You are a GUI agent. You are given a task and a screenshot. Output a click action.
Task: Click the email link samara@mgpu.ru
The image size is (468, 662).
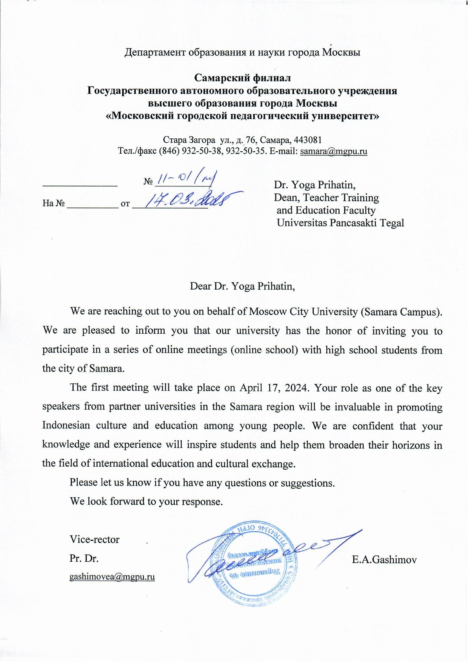point(333,151)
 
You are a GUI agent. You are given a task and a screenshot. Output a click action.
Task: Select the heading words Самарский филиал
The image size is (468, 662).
point(242,78)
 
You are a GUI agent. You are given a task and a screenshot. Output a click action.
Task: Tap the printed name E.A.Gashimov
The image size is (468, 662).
point(384,559)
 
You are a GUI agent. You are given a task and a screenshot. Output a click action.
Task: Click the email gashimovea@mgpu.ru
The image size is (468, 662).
point(112,577)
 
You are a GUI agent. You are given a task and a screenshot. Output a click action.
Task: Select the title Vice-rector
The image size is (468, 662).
point(94,539)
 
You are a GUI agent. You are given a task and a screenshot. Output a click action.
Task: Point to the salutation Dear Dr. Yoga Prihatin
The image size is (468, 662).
point(242,286)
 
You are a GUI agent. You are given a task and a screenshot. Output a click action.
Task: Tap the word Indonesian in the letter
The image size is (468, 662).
point(66,426)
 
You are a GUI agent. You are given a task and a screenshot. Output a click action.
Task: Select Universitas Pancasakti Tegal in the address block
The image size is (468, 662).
point(340,223)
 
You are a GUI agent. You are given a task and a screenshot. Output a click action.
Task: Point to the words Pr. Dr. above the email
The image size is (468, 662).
point(84,558)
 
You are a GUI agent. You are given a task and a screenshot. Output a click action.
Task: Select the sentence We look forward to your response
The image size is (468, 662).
point(146,502)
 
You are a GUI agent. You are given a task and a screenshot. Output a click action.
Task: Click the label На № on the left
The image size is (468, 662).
point(53,204)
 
